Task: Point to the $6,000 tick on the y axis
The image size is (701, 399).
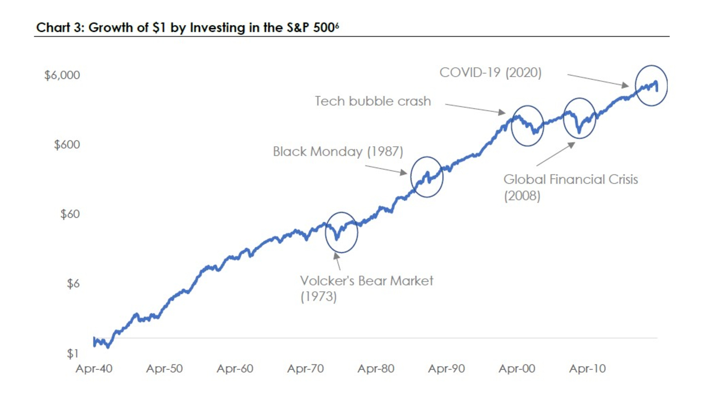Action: tap(62, 75)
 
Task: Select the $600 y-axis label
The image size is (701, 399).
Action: tap(67, 145)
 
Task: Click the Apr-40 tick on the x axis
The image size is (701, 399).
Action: tap(94, 369)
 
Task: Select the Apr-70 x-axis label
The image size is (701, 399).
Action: tap(306, 369)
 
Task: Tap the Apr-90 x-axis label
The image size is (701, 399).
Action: tap(446, 369)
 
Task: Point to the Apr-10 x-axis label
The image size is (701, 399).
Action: tap(587, 369)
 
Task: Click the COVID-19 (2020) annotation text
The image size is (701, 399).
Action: tap(490, 73)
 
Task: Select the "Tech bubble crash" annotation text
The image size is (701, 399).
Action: tap(372, 101)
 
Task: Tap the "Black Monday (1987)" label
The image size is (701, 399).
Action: tap(338, 152)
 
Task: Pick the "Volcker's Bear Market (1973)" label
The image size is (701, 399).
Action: tap(366, 288)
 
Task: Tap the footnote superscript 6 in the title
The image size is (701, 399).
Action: tap(337, 25)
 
